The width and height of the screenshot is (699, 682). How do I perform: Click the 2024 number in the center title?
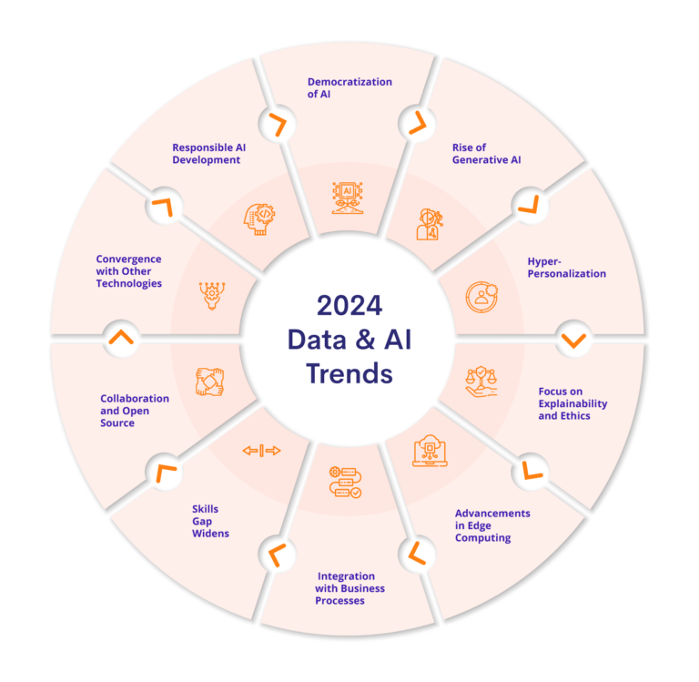[x=349, y=305]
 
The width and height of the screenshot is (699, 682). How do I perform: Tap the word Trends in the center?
[x=349, y=373]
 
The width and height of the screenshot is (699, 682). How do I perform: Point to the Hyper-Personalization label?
[x=566, y=267]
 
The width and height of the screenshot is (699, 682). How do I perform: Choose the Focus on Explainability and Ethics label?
[x=572, y=403]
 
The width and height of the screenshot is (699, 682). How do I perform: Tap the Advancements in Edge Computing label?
[x=492, y=525]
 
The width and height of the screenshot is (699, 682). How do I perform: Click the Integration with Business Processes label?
[x=350, y=588]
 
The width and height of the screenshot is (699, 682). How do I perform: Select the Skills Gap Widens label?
[x=210, y=521]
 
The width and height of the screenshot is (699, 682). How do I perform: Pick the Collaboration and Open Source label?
[x=135, y=411]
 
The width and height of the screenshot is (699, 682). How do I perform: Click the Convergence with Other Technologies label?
[x=129, y=271]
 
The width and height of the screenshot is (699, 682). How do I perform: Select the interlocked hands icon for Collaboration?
[x=209, y=381]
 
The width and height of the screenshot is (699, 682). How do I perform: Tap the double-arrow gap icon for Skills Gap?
[x=261, y=451]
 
